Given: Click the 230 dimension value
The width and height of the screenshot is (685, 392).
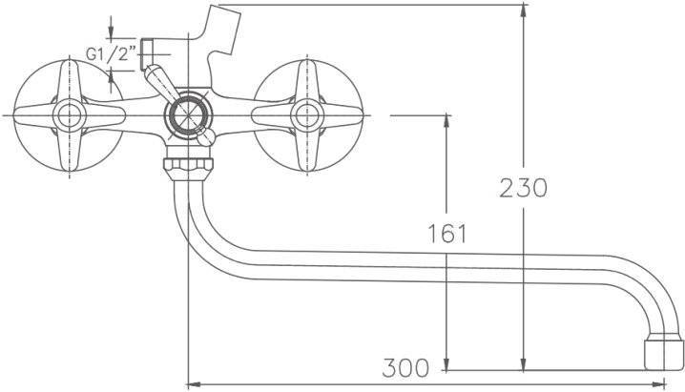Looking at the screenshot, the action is [523, 188].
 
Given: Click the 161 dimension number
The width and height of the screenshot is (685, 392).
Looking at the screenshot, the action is [446, 233].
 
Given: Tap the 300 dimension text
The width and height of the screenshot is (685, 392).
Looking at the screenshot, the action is [405, 367].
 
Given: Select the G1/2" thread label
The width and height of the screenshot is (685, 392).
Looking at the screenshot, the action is [111, 54].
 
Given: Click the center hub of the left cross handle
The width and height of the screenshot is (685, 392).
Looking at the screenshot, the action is [70, 115].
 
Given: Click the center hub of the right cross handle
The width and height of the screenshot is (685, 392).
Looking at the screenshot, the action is [307, 115].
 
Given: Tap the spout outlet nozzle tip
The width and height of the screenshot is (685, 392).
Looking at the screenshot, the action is [664, 352].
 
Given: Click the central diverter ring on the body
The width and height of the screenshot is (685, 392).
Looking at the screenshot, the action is [188, 115].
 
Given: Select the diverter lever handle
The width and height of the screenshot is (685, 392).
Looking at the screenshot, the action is [161, 82].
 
